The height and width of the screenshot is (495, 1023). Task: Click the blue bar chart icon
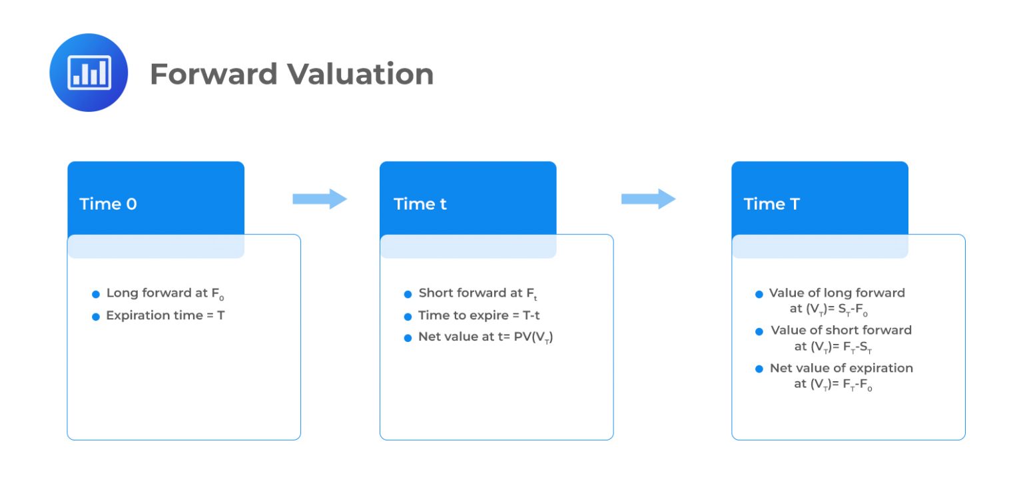click(89, 73)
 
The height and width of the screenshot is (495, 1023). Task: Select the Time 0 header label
click(108, 204)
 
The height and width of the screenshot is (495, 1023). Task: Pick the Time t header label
click(420, 204)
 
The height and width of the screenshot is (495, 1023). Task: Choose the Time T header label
click(771, 204)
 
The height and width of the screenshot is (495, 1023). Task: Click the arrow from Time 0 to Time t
click(320, 198)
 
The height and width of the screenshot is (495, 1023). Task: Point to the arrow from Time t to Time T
click(648, 198)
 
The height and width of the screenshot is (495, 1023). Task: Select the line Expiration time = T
click(165, 315)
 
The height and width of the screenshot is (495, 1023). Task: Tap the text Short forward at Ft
click(477, 293)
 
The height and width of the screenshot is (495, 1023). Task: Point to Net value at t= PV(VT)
click(486, 337)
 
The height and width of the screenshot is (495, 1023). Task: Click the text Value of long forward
click(837, 293)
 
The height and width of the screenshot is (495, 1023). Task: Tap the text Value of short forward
click(841, 330)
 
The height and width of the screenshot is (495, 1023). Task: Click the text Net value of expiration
click(841, 368)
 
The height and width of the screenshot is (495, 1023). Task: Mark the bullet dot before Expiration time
click(96, 316)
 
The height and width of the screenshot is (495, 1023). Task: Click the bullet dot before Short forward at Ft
click(408, 294)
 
